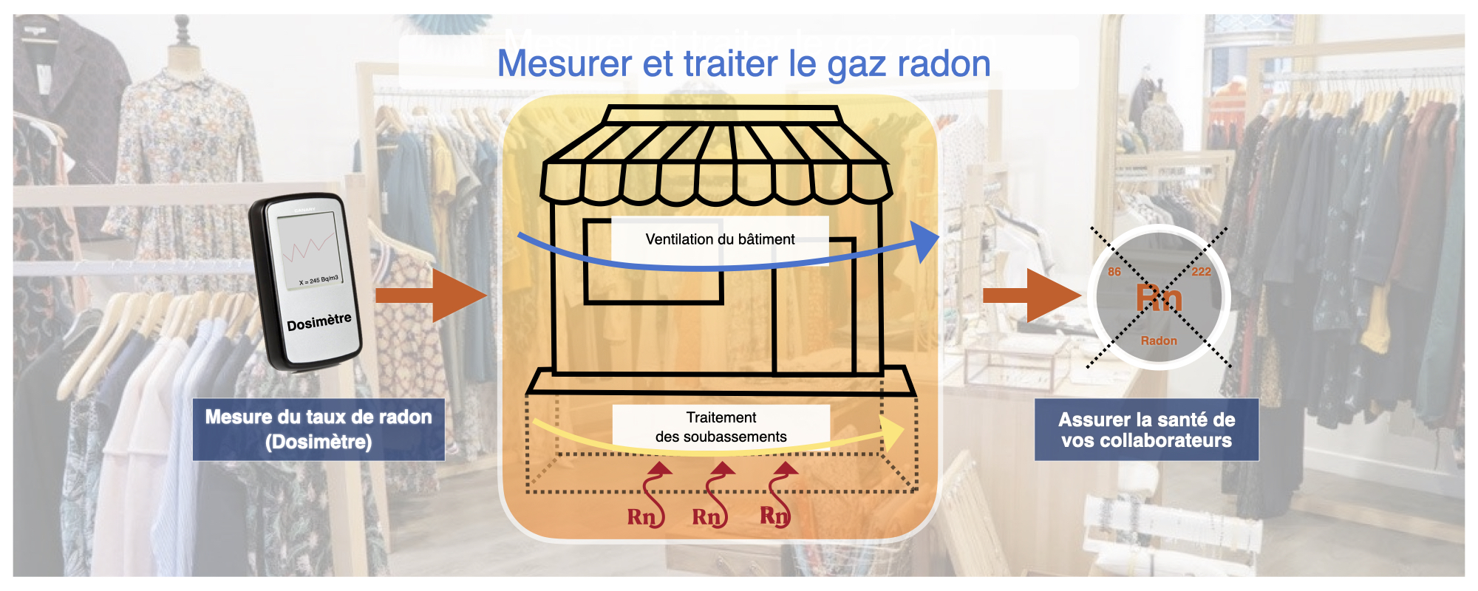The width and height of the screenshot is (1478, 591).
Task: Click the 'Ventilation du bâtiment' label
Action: click(720, 239)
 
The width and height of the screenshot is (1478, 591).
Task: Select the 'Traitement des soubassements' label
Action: click(721, 427)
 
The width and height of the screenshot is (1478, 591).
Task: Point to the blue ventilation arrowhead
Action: click(926, 241)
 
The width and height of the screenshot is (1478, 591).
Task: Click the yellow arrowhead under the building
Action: click(893, 431)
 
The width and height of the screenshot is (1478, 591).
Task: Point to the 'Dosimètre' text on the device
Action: click(319, 322)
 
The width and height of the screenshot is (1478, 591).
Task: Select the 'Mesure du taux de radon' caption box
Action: click(319, 429)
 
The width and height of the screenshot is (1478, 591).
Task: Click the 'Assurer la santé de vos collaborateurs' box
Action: click(1146, 430)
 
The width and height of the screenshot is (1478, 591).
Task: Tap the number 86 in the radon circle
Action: click(1114, 272)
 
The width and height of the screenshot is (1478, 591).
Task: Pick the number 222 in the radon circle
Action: click(1202, 272)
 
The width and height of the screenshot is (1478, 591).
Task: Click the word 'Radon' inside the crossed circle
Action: click(1159, 341)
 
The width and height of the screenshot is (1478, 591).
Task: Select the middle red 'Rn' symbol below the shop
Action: click(706, 516)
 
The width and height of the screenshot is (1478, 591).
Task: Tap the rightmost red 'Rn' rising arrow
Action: click(777, 495)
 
